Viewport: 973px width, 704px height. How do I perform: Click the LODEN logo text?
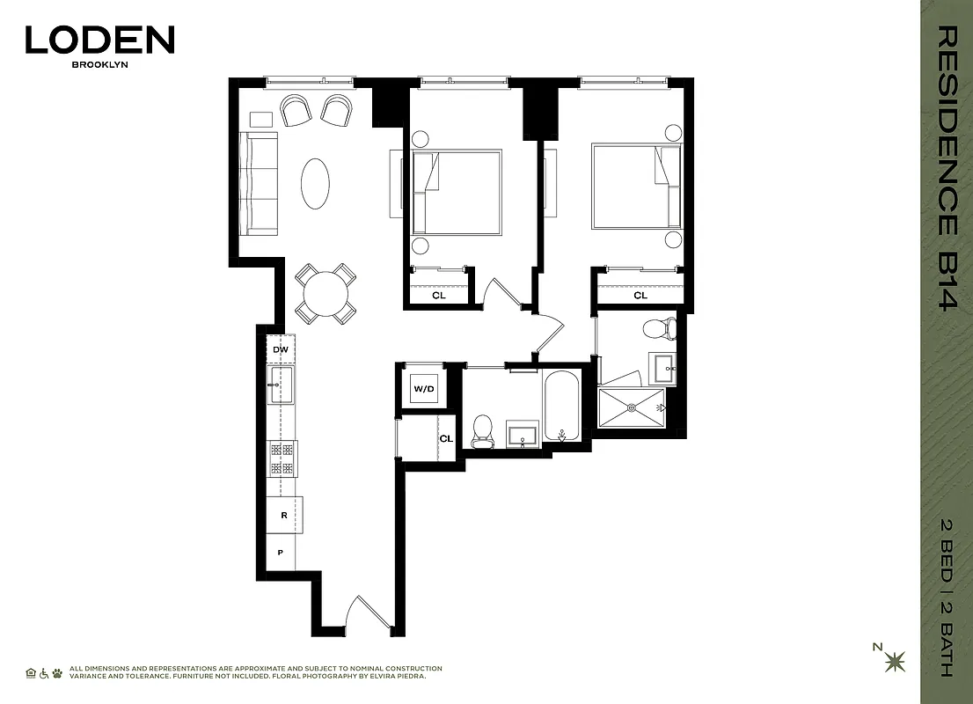coord(99,40)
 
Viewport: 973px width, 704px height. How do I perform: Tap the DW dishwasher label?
coord(281,349)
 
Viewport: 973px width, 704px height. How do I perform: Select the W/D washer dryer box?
coord(423,388)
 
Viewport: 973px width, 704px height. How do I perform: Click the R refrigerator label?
coord(283,516)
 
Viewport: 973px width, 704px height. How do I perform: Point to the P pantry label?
coord(281,553)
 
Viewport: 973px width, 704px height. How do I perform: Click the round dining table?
coord(326,294)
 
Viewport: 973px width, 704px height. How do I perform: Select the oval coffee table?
coord(316,183)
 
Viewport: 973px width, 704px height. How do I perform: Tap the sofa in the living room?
coord(259,183)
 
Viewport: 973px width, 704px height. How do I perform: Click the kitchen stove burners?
coord(282,458)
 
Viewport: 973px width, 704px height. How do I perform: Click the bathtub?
coord(561,406)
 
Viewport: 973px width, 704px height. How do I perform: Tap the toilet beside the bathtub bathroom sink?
coord(483,429)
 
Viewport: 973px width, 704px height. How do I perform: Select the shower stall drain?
coord(632,408)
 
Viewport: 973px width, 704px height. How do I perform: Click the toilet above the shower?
coord(659,330)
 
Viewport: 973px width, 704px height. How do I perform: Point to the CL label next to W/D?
coord(446,438)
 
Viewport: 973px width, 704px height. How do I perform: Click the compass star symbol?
coord(896,659)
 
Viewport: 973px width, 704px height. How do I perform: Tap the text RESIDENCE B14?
coord(947,167)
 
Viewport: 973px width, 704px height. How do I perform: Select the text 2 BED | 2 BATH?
coord(947,599)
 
